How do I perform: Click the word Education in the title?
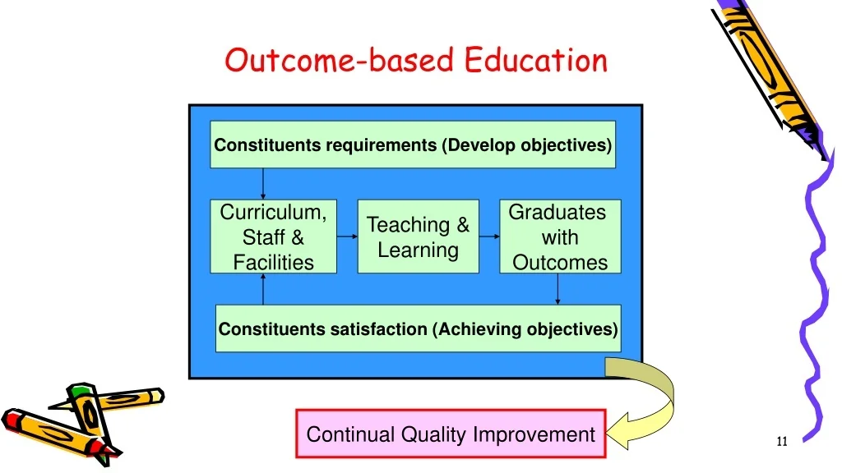tap(535, 59)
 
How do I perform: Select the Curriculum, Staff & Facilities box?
tap(273, 236)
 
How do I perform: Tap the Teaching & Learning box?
tap(419, 236)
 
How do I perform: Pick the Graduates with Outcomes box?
tap(560, 236)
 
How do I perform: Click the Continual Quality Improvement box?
tap(451, 434)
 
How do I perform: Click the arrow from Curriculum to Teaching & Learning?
tap(348, 236)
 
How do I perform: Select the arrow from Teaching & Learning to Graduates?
tap(489, 236)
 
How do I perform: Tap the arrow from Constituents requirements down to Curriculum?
tap(263, 184)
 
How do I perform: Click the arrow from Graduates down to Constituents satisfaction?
tap(558, 289)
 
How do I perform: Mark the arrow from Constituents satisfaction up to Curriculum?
tap(263, 289)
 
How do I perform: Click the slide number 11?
tap(782, 441)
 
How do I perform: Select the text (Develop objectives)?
tap(527, 145)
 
